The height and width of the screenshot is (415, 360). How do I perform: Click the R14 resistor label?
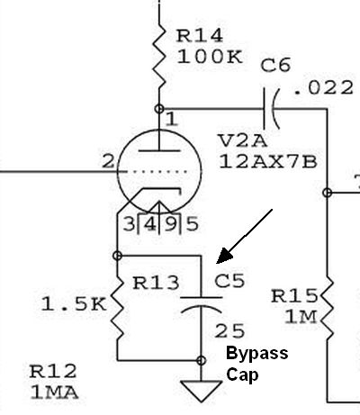[x=200, y=36]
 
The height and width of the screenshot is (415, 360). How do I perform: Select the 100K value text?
[x=210, y=57]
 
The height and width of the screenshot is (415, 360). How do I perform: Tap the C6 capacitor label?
[x=275, y=66]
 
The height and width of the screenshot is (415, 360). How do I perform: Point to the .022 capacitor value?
[x=323, y=88]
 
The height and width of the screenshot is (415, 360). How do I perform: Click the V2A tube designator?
[x=243, y=140]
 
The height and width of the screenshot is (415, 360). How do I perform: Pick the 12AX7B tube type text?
[x=268, y=162]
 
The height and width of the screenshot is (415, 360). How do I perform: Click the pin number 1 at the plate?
[x=172, y=120]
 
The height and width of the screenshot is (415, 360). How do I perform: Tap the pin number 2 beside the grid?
[x=108, y=161]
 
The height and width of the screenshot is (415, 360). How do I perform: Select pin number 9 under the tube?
[x=171, y=224]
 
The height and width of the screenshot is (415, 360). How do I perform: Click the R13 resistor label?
[x=156, y=283]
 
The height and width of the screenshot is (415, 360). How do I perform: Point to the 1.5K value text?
[x=74, y=303]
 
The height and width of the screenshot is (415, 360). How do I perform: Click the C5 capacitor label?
[x=229, y=281]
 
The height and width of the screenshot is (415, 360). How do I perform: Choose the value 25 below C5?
[x=229, y=331]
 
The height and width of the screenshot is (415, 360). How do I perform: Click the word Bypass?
[x=257, y=354]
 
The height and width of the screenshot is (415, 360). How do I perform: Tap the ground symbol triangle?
[x=201, y=391]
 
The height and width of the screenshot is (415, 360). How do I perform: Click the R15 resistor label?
[x=294, y=296]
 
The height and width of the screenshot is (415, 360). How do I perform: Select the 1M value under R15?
[x=301, y=317]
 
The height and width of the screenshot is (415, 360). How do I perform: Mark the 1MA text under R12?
[x=54, y=392]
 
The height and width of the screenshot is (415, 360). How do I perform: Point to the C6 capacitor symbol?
[x=271, y=109]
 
